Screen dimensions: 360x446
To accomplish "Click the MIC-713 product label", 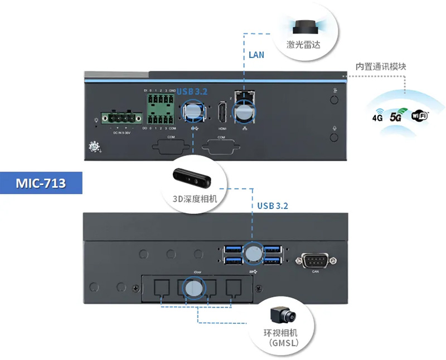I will point(41,182).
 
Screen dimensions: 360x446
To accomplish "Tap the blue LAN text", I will point(256,55).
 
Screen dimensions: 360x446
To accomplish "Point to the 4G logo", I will point(377,118).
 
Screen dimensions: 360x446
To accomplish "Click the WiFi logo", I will point(420,115).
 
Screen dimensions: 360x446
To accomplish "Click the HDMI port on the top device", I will point(222,114).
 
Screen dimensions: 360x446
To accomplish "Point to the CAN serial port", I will point(316,260).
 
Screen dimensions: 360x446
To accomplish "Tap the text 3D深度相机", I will point(194,198).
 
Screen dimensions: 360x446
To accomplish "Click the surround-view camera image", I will point(284,315).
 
